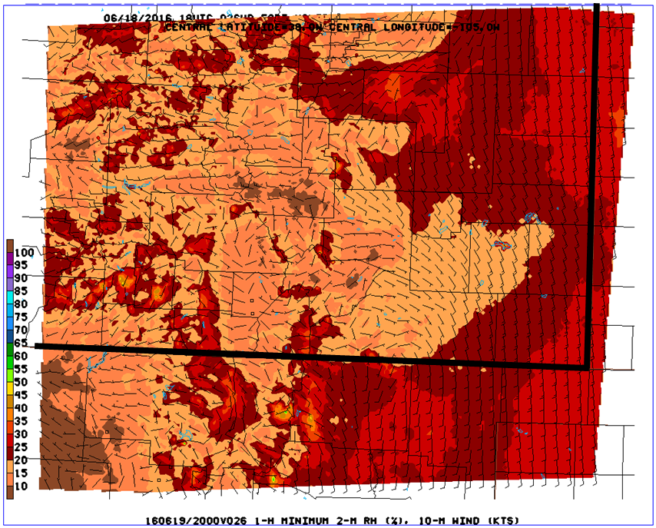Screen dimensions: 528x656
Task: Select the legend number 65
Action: pos(21,344)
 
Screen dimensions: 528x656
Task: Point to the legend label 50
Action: pos(21,382)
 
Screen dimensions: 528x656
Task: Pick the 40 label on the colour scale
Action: pos(21,408)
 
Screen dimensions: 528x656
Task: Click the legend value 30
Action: pos(21,434)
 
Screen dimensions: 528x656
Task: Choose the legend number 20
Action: pos(21,460)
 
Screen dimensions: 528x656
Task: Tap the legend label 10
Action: pos(21,486)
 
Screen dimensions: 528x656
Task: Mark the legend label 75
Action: pos(21,317)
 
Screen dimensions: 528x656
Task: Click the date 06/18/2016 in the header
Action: pos(128,16)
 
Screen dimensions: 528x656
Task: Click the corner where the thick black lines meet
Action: pos(588,366)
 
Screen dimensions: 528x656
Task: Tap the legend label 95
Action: pos(21,265)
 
